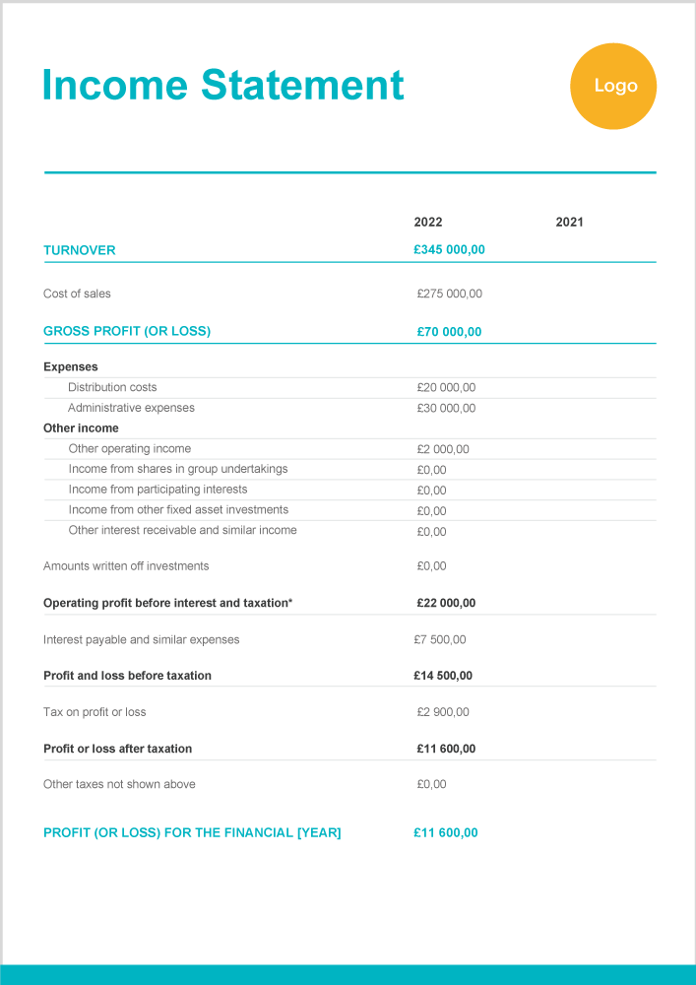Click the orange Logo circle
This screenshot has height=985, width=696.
coord(613,87)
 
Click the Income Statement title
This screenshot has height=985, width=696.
coord(222,85)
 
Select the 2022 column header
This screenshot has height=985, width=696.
coord(428,223)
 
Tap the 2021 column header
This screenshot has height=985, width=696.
coord(569,223)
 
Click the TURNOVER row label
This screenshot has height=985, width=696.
coord(80,250)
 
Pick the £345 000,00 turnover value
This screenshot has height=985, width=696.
coord(449,250)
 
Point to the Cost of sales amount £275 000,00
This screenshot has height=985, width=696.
coord(450,294)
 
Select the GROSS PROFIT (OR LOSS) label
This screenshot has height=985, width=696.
coord(127,331)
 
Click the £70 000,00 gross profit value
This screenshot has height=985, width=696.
coord(449,332)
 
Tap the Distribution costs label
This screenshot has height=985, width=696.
coord(112,387)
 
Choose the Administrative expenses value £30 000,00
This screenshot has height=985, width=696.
coord(446,408)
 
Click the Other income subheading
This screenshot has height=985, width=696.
coord(81,428)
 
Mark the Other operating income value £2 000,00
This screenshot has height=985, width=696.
coord(443,449)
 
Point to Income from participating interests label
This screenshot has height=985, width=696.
coord(158,490)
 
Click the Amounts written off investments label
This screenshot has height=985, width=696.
coord(126,566)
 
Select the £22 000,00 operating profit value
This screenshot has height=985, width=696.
coord(446,603)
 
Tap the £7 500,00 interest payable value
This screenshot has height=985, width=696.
coord(440,640)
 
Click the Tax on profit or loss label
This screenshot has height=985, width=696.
coord(95,712)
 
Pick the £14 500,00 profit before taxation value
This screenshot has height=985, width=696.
coord(443,676)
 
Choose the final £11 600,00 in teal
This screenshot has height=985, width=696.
coord(446,833)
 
